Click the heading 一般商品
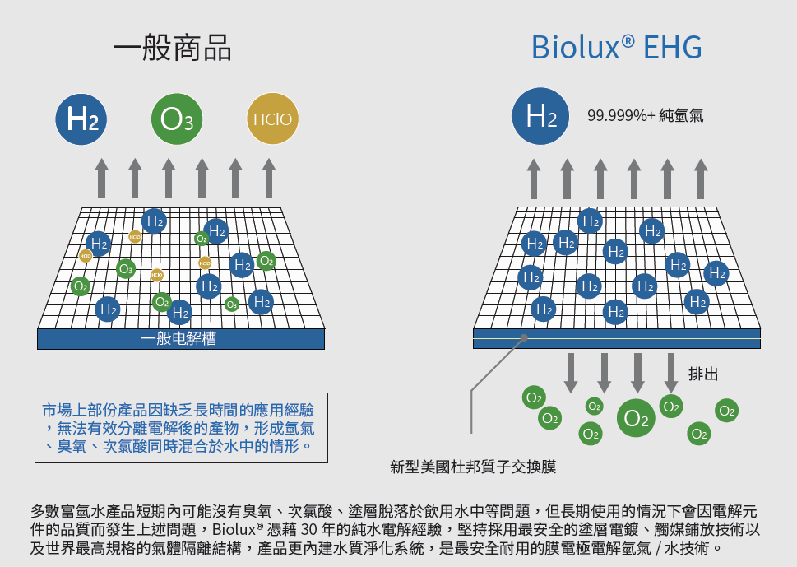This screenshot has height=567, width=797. click(x=172, y=48)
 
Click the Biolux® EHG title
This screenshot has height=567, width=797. click(x=616, y=48)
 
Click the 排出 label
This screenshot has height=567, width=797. click(x=703, y=374)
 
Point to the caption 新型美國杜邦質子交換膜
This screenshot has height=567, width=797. click(x=473, y=467)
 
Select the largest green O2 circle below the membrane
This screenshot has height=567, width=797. click(x=637, y=418)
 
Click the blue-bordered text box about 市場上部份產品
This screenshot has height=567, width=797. click(x=178, y=427)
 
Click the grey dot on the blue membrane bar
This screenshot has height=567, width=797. click(x=524, y=337)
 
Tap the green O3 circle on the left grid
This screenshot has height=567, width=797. click(x=125, y=268)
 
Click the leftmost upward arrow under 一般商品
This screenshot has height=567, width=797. click(x=101, y=177)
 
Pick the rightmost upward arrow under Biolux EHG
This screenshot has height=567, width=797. click(x=701, y=177)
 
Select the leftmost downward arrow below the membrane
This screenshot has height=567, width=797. click(x=570, y=372)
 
